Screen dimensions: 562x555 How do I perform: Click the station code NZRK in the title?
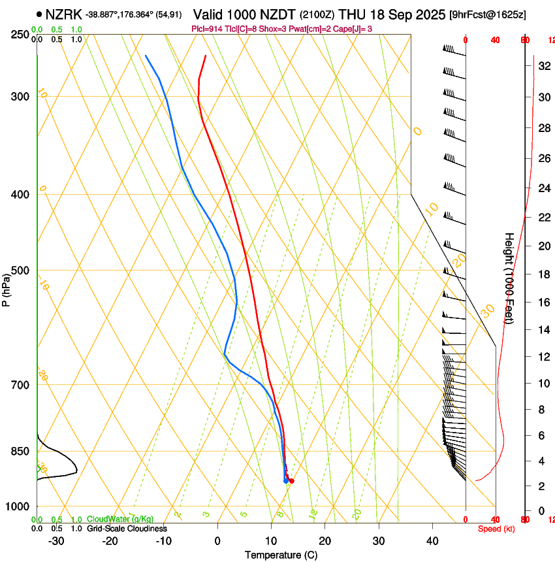[63, 14]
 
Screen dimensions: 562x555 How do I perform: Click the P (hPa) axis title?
[7, 288]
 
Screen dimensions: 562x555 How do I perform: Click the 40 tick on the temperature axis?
[432, 541]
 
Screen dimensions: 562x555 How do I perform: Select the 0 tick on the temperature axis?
[217, 541]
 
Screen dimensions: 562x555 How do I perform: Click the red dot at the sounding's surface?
[291, 481]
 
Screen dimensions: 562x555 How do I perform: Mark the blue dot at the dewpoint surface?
[286, 481]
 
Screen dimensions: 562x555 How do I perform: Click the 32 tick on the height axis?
[541, 66]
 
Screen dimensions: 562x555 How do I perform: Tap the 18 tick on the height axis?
[541, 274]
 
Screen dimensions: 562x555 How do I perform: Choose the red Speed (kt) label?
[495, 529]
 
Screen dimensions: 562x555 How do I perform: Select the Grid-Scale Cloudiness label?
[127, 528]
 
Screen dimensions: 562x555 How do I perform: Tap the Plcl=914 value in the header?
[207, 28]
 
